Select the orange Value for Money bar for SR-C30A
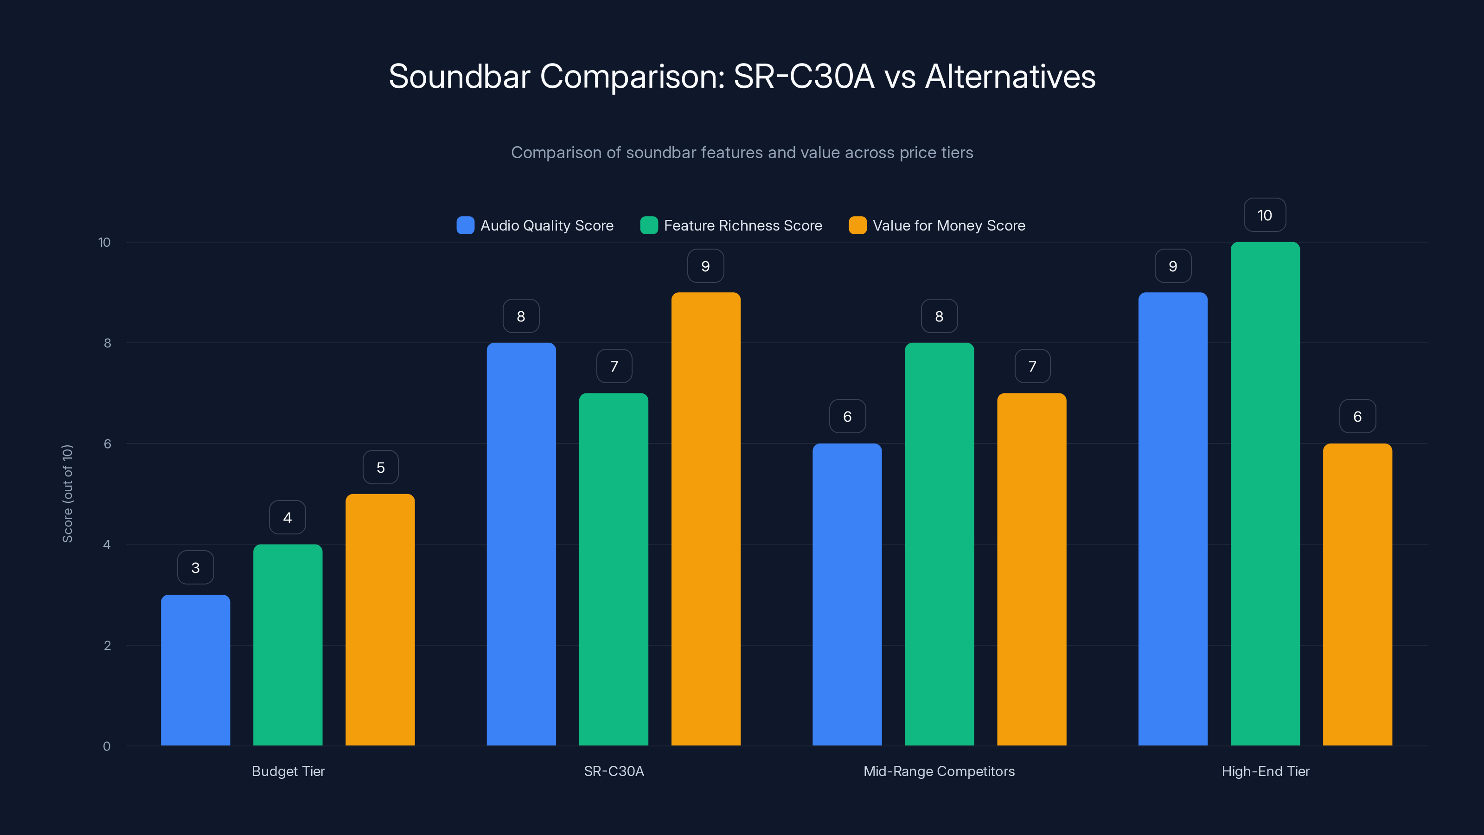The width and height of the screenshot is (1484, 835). pyautogui.click(x=706, y=519)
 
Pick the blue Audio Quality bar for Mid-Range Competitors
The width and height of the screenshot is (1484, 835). pyautogui.click(x=847, y=594)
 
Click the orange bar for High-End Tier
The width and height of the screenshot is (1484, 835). pyautogui.click(x=1357, y=594)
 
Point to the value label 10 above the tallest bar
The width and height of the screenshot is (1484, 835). pyautogui.click(x=1265, y=215)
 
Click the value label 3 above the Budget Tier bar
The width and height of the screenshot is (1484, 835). pyautogui.click(x=195, y=568)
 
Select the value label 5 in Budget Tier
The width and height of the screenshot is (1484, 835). pyautogui.click(x=380, y=467)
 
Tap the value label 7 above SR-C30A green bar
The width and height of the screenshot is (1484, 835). pyautogui.click(x=614, y=366)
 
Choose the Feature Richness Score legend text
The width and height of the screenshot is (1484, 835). pyautogui.click(x=742, y=225)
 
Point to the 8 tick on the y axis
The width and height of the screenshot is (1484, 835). pyautogui.click(x=107, y=343)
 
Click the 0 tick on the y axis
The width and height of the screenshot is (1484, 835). pyautogui.click(x=107, y=746)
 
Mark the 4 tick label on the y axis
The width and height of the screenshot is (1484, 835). pyautogui.click(x=107, y=545)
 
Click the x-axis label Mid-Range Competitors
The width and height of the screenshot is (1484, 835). pyautogui.click(x=939, y=771)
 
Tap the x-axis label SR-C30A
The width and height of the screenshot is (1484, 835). pyautogui.click(x=614, y=771)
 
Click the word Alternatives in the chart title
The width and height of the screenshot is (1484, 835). pyautogui.click(x=1010, y=77)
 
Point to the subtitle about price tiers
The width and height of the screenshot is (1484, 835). pyautogui.click(x=742, y=153)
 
